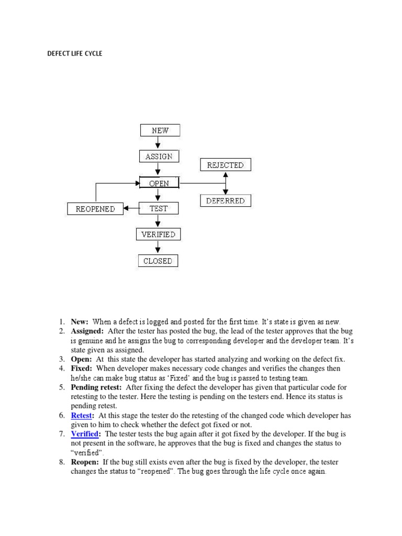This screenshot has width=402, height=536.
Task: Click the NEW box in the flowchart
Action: tap(160, 130)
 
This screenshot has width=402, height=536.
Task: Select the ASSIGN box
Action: tap(159, 156)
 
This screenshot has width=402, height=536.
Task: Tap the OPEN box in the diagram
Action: tap(159, 183)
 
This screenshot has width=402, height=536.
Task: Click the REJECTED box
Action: tap(225, 165)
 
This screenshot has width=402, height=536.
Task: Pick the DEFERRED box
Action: tap(225, 200)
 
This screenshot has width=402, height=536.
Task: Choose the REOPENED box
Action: tap(95, 209)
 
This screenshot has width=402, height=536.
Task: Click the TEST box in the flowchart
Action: tap(159, 208)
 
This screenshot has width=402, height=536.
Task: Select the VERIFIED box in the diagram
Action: tap(158, 234)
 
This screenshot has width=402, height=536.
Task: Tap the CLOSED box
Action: tap(158, 261)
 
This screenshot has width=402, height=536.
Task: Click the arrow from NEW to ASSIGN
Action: tap(158, 143)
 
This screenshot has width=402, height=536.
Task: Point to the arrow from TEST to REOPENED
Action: tap(130, 209)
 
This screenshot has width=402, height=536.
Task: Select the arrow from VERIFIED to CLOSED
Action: tap(158, 248)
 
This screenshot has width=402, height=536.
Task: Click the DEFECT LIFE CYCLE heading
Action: tap(75, 53)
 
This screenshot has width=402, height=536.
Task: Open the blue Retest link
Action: tap(82, 415)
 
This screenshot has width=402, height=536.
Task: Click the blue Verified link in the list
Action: tap(85, 434)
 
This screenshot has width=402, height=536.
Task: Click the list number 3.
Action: tap(61, 359)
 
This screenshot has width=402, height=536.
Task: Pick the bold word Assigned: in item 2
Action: tap(87, 331)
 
